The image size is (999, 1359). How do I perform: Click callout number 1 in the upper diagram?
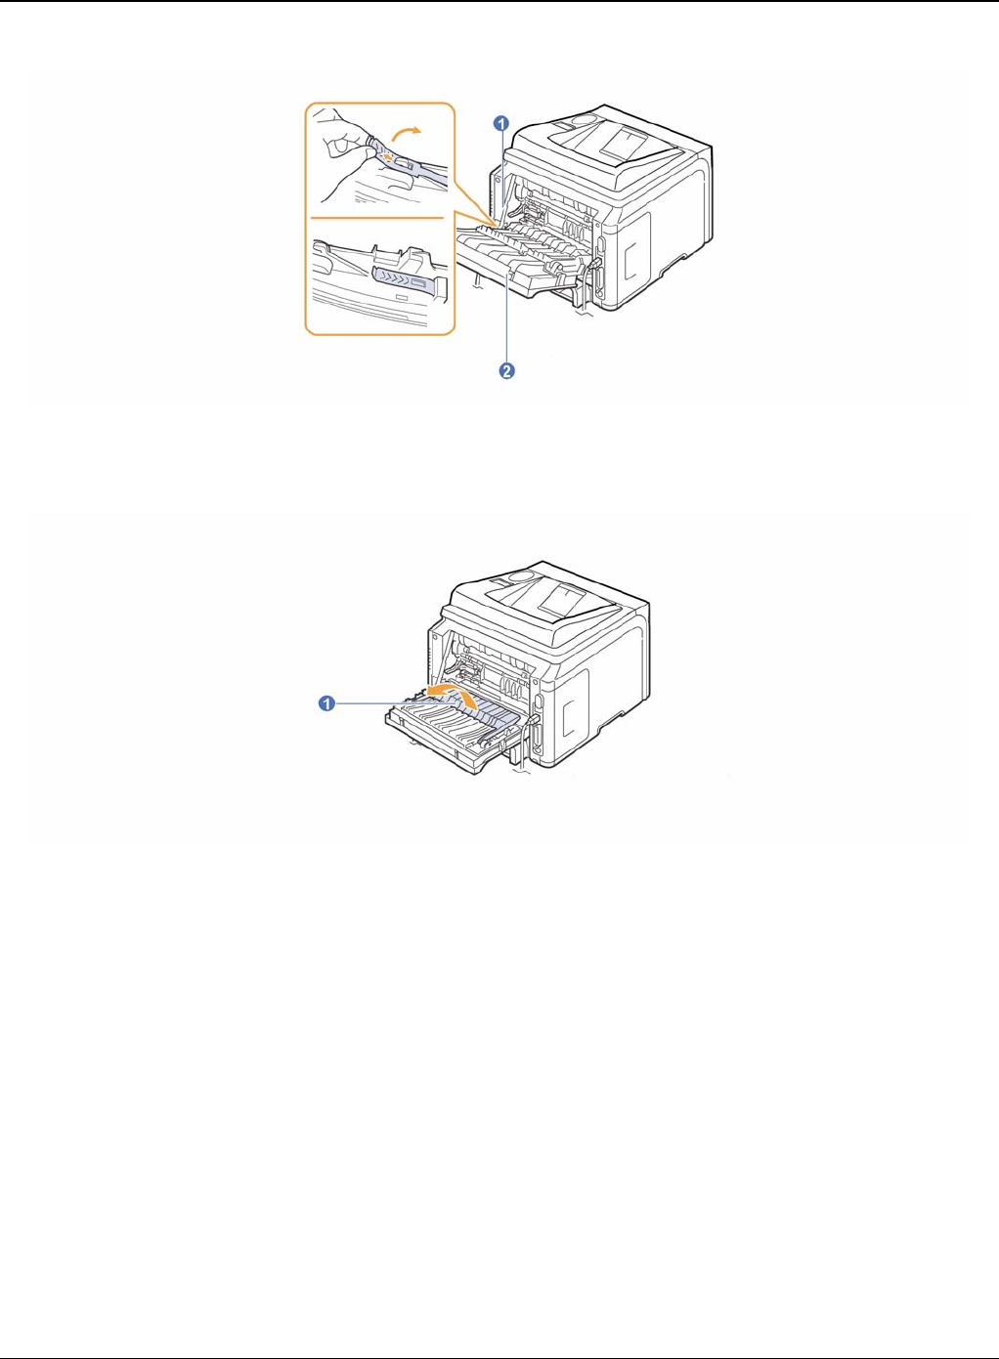pos(500,124)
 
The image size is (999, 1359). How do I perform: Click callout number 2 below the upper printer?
pos(507,371)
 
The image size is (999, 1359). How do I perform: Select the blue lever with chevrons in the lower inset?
pos(402,281)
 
